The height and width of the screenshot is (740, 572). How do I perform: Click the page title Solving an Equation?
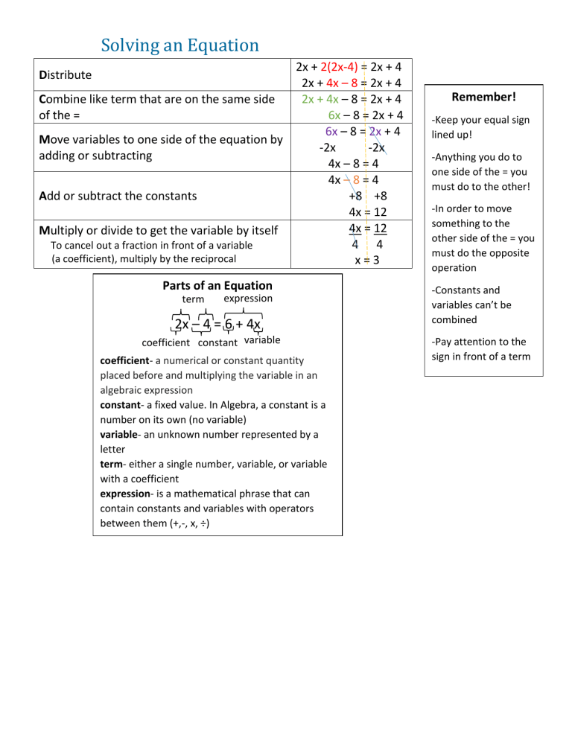[x=179, y=45]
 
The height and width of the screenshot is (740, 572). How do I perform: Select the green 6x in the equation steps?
[x=334, y=115]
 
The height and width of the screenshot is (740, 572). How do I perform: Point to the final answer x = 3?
[x=356, y=259]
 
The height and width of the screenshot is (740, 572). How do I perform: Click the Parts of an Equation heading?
[x=217, y=285]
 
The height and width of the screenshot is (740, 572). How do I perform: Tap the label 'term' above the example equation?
[x=194, y=299]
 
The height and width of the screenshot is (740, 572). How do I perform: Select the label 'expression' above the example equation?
[x=248, y=299]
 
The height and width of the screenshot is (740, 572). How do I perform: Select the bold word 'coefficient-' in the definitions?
[x=129, y=360]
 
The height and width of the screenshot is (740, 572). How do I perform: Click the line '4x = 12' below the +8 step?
[x=356, y=211]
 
